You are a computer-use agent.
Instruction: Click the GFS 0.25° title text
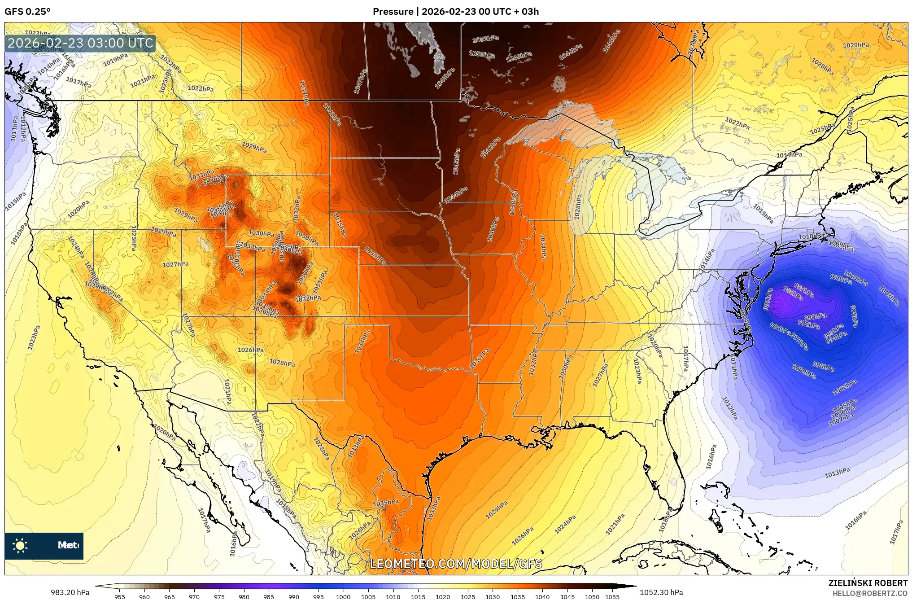(x=27, y=12)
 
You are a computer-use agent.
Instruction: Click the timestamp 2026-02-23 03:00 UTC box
(x=81, y=43)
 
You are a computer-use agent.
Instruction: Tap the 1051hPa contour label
(x=485, y=39)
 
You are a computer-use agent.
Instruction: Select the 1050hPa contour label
(x=482, y=54)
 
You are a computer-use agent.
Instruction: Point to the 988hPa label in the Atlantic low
(x=793, y=293)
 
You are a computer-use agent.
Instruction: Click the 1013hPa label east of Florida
(x=837, y=473)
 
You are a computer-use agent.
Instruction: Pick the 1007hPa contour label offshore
(x=841, y=418)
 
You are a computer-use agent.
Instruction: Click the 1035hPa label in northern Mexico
(x=386, y=503)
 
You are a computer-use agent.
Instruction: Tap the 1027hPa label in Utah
(x=175, y=264)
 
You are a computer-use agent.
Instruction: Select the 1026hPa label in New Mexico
(x=250, y=350)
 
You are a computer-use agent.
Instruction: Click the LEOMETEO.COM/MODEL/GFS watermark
(x=456, y=564)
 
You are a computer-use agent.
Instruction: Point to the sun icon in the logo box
(x=20, y=546)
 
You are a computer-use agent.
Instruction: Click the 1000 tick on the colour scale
(x=343, y=597)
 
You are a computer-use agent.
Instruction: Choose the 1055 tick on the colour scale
(x=612, y=597)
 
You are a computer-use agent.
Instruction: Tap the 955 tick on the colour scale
(x=119, y=597)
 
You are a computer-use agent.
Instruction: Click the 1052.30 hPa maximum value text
(x=661, y=592)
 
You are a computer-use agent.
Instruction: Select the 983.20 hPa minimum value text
(x=70, y=592)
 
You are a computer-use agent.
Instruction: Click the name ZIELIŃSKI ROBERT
(x=868, y=583)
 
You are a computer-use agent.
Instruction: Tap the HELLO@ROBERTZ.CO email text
(x=870, y=593)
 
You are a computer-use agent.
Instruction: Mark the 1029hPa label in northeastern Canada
(x=855, y=45)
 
